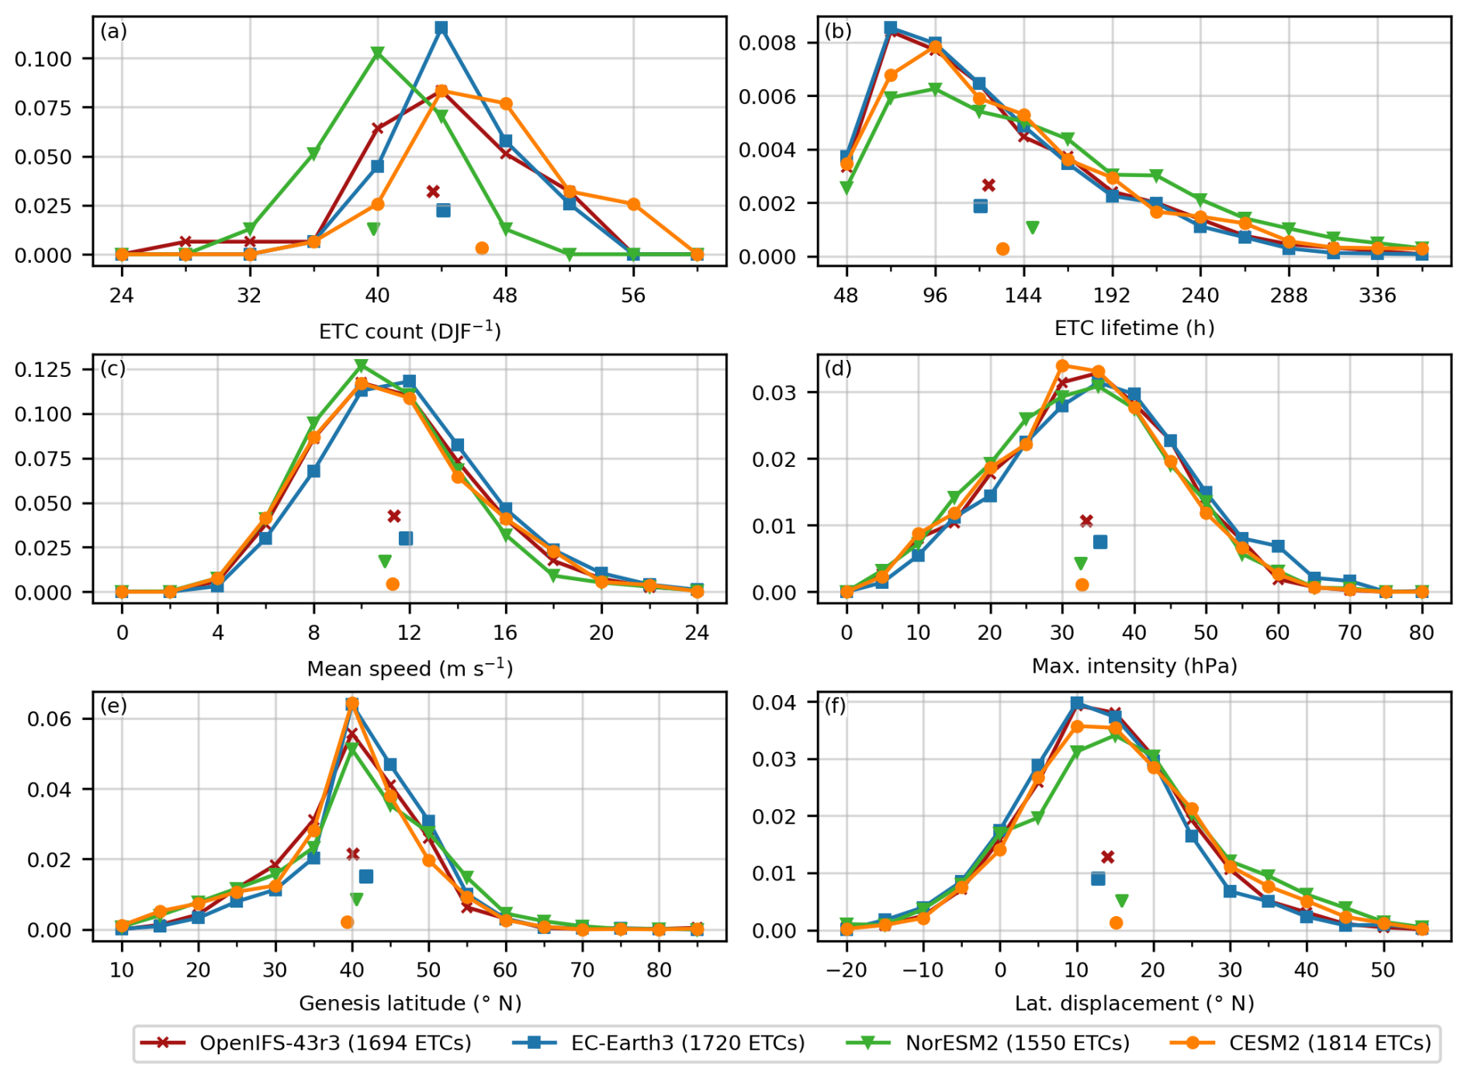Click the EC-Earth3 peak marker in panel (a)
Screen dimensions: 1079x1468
[x=441, y=28]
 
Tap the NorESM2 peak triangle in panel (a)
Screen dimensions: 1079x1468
[x=378, y=54]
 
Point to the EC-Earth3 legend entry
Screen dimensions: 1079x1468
[x=659, y=1043]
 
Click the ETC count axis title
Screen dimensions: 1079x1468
[x=410, y=331]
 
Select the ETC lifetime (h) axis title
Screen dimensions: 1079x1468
[x=1134, y=328]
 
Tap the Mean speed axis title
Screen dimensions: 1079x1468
[x=410, y=668]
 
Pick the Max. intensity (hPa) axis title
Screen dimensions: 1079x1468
[x=1134, y=666]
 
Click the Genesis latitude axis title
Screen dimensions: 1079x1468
[x=410, y=1003]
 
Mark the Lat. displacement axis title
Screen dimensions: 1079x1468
[x=1134, y=1003]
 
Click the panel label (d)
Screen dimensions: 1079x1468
[x=838, y=368]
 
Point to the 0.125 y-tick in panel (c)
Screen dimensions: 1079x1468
[x=43, y=369]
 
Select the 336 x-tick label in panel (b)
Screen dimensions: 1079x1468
[x=1378, y=296]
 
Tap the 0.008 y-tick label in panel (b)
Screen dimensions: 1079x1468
[x=767, y=43]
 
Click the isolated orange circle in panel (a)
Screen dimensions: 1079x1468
[x=482, y=248]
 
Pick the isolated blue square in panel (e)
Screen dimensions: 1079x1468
[x=366, y=877]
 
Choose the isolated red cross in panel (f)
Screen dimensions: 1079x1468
[x=1107, y=857]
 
